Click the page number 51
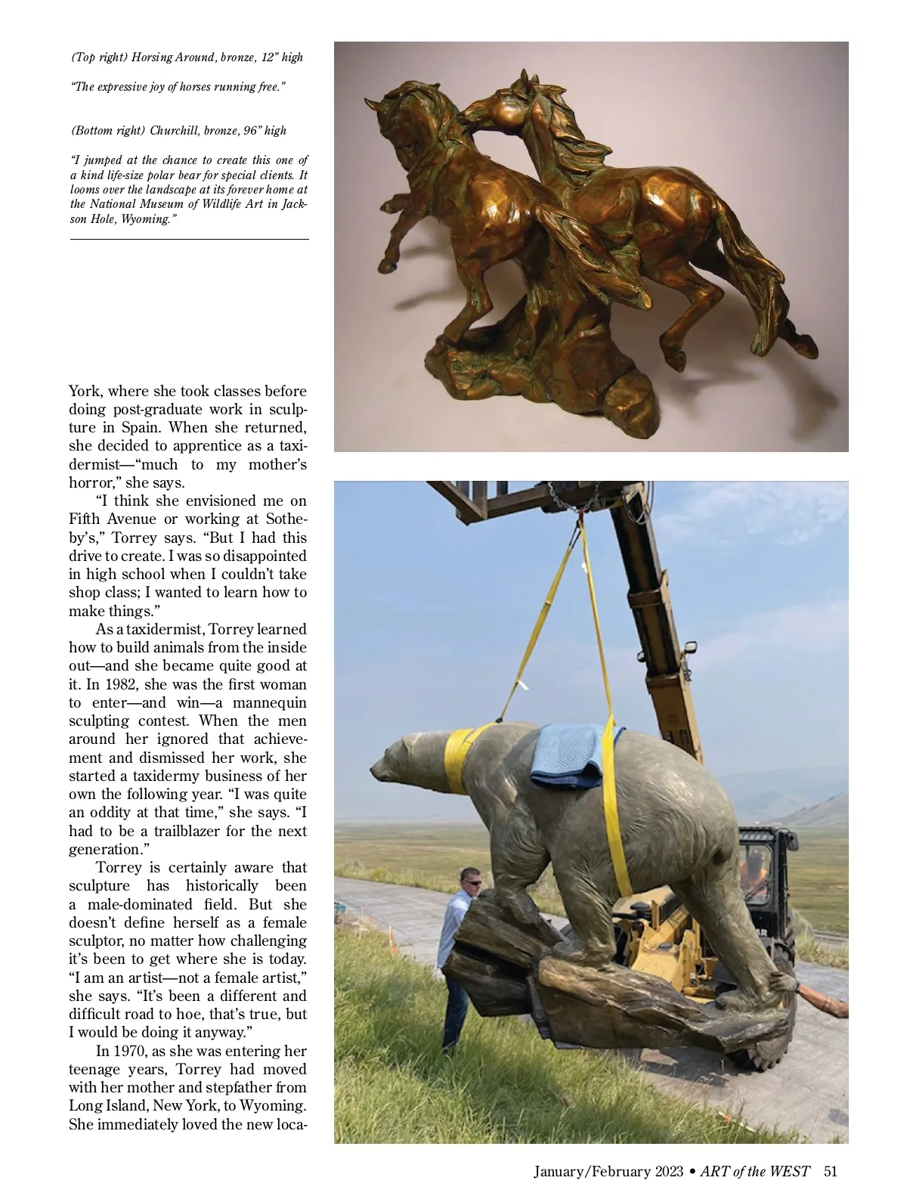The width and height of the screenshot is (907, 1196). [x=831, y=1172]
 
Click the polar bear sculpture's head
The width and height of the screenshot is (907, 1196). [x=401, y=764]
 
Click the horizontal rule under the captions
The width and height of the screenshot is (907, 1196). [x=189, y=240]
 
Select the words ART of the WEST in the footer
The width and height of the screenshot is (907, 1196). [x=754, y=1172]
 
